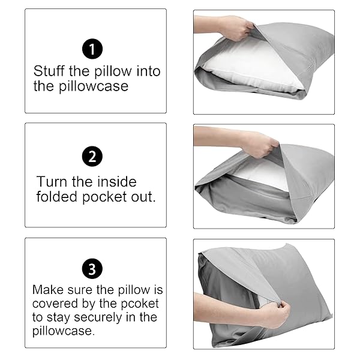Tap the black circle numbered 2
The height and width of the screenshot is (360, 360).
coord(92,157)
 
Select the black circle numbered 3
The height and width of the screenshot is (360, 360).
coord(92,267)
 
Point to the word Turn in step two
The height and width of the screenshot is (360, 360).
coord(51,181)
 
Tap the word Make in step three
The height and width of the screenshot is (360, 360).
coord(47,290)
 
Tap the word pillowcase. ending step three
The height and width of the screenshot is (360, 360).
coord(63,331)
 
